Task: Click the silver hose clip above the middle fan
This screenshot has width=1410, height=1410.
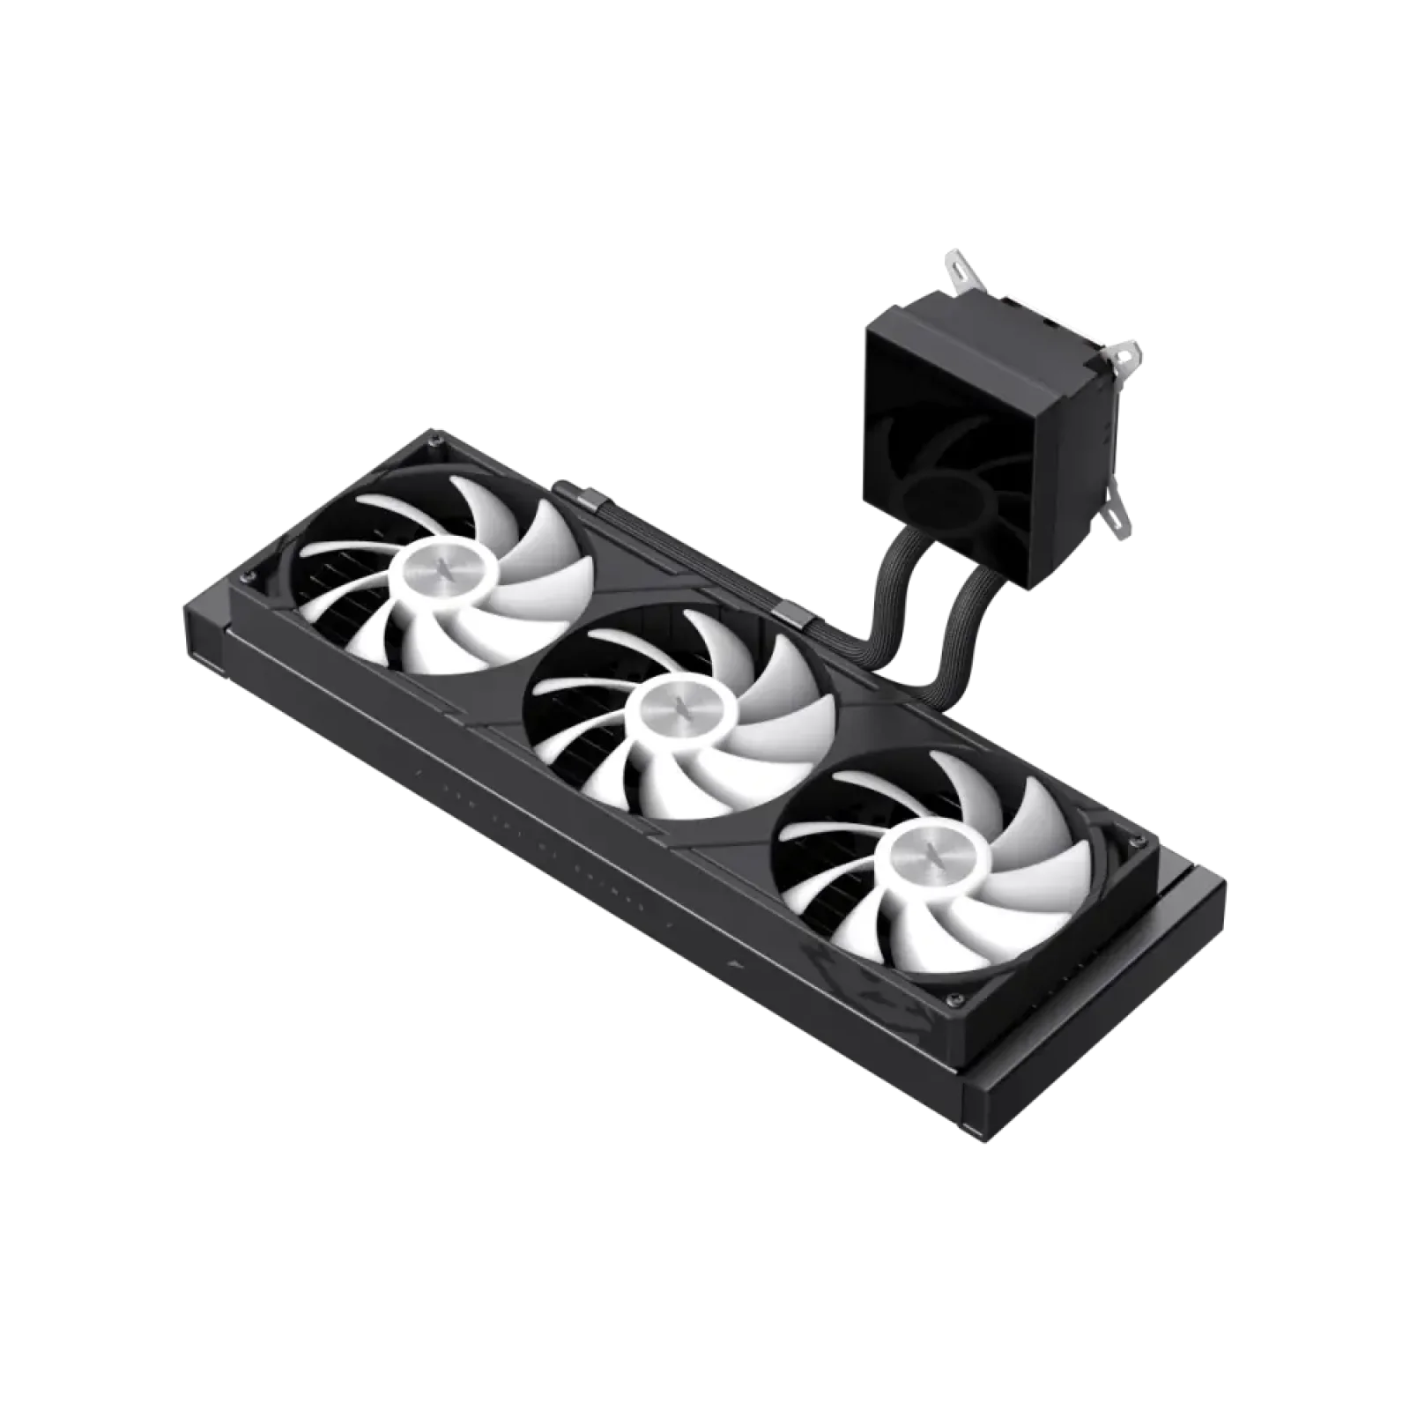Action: point(787,613)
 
